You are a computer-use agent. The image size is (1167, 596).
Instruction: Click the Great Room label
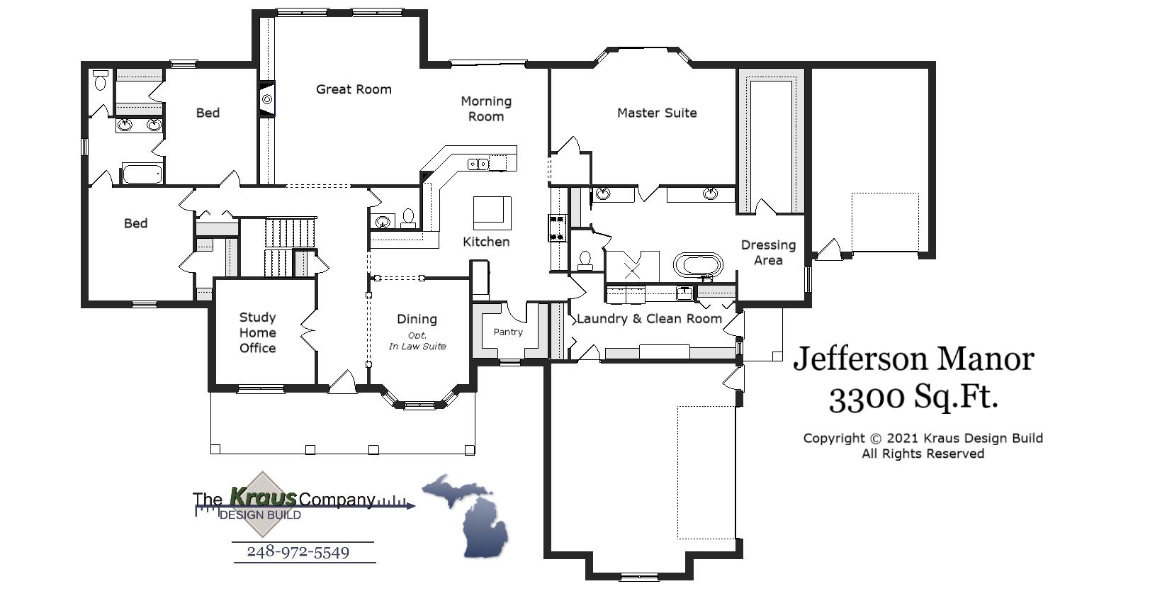tap(354, 89)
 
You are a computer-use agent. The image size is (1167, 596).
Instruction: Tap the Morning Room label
tap(486, 109)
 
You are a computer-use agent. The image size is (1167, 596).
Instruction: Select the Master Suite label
tap(657, 113)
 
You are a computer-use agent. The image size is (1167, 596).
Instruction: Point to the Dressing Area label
tap(768, 252)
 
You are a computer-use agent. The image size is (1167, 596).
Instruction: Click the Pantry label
tap(508, 332)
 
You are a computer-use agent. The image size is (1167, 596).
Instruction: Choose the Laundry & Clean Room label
tap(649, 319)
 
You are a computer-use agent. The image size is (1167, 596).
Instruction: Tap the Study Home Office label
tap(257, 332)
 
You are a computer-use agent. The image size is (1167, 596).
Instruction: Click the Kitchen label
tap(486, 242)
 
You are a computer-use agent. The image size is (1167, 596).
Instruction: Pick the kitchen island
tap(492, 213)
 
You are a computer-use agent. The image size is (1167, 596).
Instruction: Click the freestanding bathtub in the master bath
tap(699, 266)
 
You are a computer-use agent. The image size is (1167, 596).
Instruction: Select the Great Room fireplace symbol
tap(266, 100)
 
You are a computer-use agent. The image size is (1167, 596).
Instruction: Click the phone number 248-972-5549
tap(298, 552)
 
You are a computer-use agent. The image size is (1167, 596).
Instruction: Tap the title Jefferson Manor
tap(913, 359)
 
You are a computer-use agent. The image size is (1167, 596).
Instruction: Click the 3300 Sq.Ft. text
tap(913, 398)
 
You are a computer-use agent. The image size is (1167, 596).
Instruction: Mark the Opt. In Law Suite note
tap(417, 341)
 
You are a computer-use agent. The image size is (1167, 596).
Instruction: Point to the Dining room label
tap(417, 319)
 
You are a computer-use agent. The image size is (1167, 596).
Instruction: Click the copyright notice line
tap(923, 439)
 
